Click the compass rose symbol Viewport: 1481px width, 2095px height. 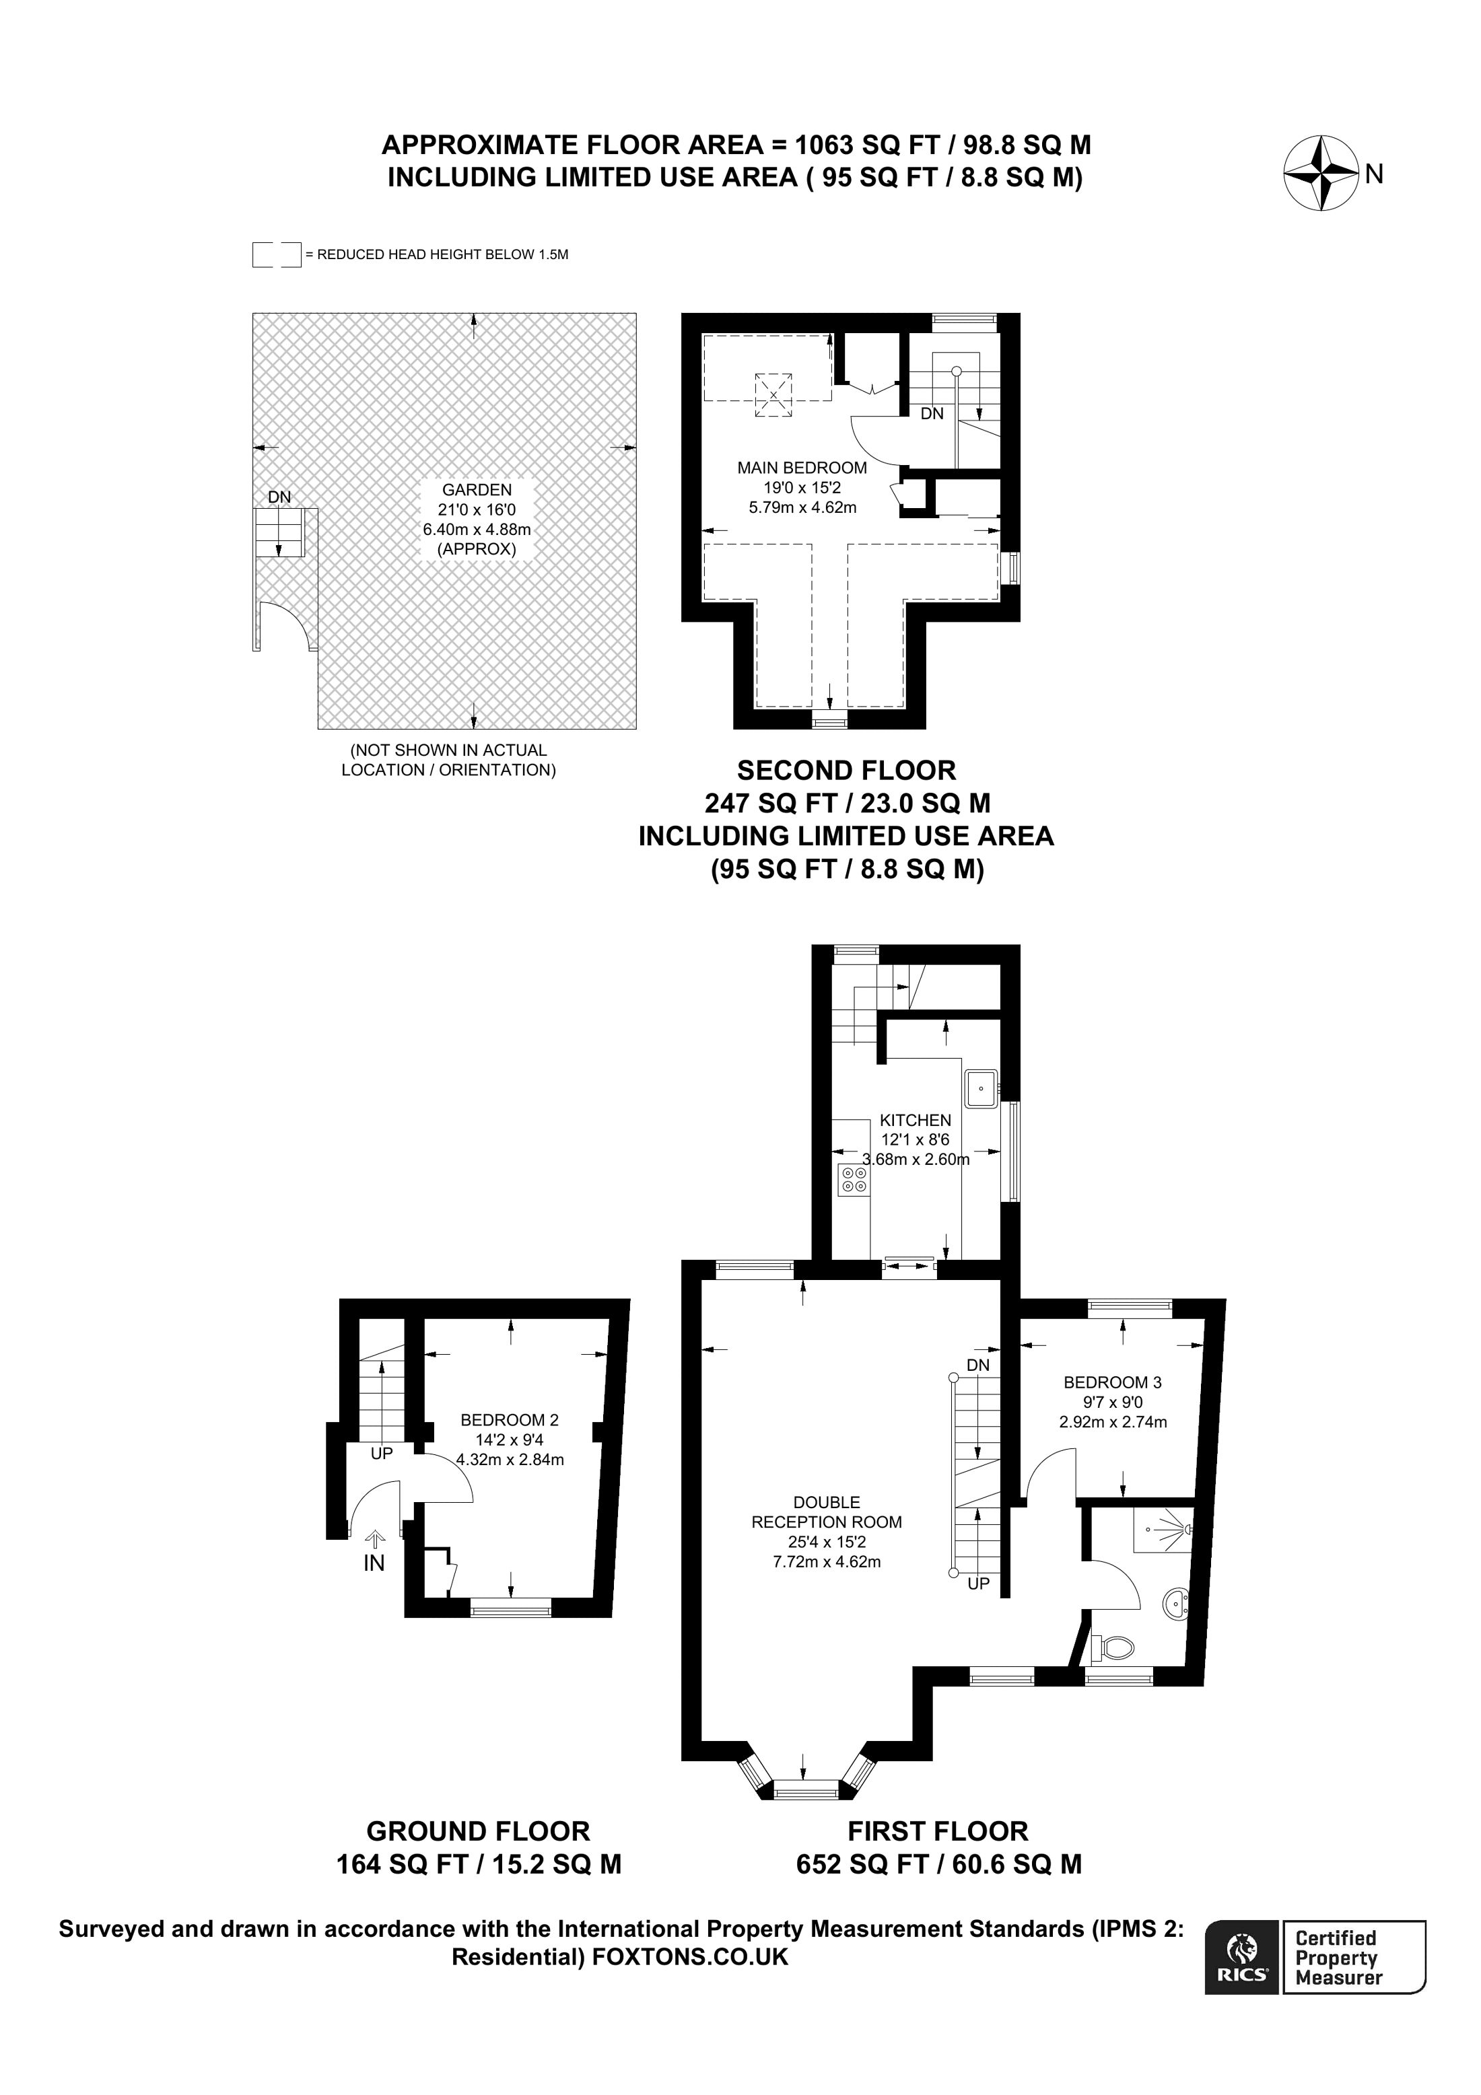[1321, 172]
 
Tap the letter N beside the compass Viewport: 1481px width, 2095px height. [1375, 174]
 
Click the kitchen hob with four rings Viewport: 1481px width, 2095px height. [854, 1179]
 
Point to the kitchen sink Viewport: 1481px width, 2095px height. [981, 1089]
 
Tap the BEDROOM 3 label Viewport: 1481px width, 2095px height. [1112, 1382]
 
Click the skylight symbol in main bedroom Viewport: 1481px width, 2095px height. [773, 395]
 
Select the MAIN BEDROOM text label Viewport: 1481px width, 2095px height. [802, 468]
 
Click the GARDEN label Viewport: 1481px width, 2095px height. [477, 490]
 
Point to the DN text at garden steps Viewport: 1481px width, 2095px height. [279, 497]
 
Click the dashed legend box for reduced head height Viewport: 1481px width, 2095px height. [277, 254]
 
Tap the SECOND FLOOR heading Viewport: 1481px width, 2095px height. [846, 771]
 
